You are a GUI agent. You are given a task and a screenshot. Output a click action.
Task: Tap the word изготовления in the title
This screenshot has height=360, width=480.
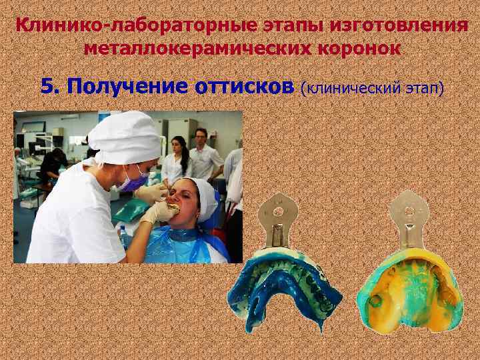(404, 26)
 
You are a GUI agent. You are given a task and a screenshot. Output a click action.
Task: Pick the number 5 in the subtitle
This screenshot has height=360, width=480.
(47, 86)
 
